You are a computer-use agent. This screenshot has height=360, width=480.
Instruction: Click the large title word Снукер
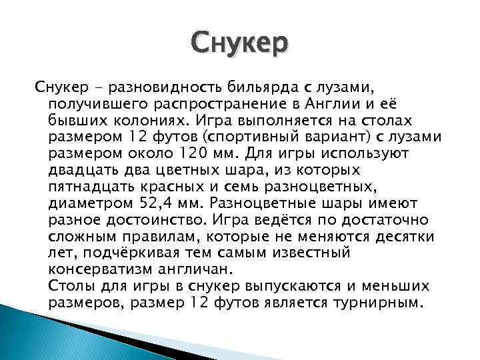click(239, 43)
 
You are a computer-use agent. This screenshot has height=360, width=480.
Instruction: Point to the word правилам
click(163, 237)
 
